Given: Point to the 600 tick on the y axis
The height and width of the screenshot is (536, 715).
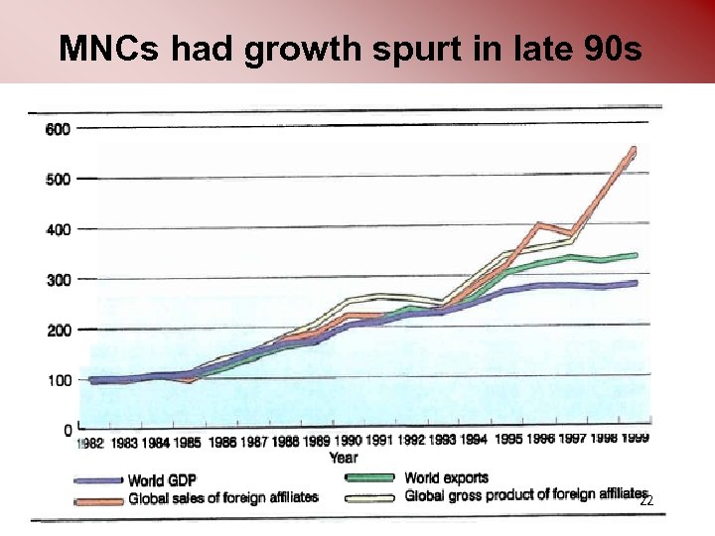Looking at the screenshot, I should [x=58, y=128].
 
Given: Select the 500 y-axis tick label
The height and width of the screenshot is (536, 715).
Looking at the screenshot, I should [x=58, y=179].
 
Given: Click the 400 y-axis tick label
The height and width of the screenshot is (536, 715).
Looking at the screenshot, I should [x=58, y=229].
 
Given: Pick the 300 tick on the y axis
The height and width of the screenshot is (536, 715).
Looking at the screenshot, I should [x=58, y=280].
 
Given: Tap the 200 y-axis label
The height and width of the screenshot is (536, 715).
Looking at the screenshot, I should [x=58, y=330].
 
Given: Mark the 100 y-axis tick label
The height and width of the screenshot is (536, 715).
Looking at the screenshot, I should [x=58, y=380].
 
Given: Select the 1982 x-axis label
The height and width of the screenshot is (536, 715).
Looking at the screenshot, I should [x=91, y=444].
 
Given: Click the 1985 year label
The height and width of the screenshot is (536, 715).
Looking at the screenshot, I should [x=188, y=443].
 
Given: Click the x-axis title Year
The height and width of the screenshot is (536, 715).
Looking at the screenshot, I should [x=344, y=458].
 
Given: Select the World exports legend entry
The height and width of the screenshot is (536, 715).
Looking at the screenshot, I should [x=446, y=477].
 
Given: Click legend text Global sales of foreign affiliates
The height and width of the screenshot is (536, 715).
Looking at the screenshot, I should [x=223, y=498].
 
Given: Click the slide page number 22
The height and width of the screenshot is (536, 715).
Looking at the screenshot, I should [x=645, y=503].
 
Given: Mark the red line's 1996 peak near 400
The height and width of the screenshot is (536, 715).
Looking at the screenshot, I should [x=538, y=224].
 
